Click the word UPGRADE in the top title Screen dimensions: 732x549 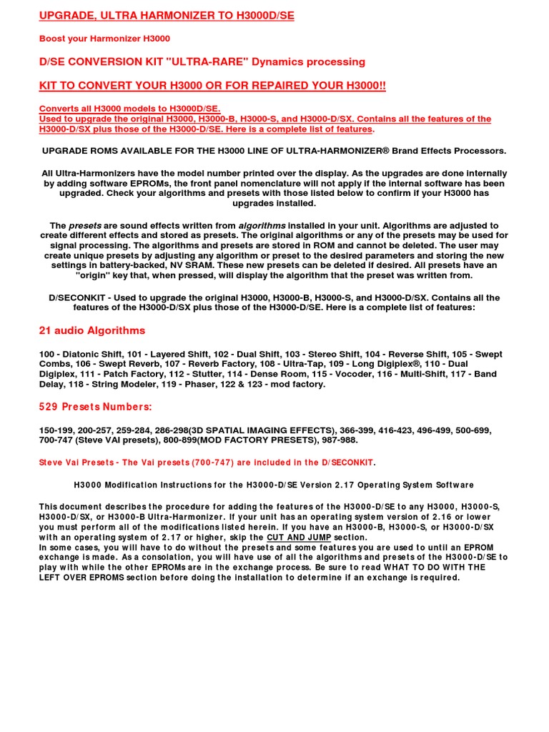coord(69,16)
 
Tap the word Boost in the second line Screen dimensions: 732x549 coord(52,39)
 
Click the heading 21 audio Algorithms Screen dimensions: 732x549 coord(91,331)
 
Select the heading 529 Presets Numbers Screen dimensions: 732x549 coord(95,407)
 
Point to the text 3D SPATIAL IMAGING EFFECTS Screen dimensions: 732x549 coord(279,430)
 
